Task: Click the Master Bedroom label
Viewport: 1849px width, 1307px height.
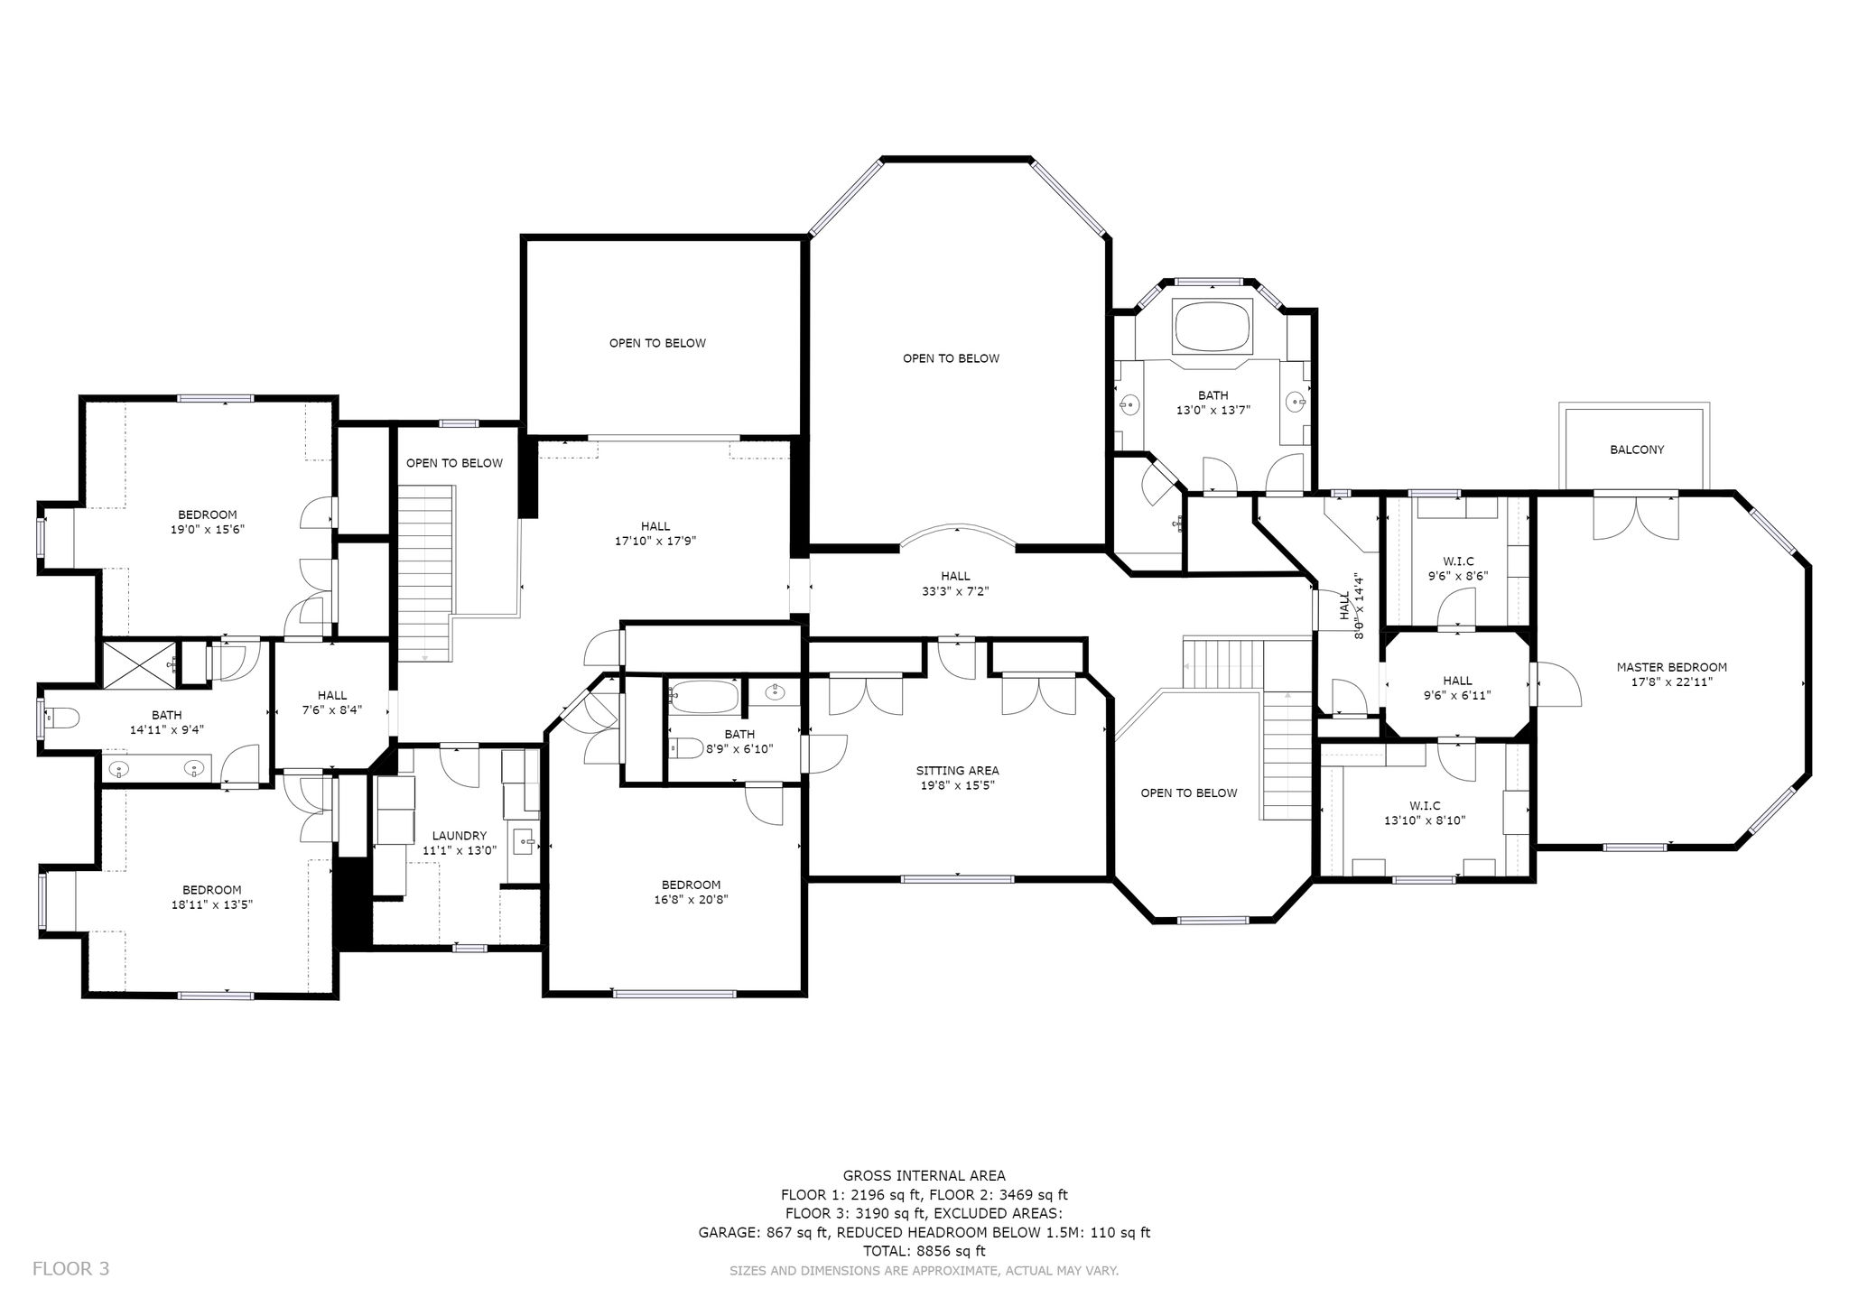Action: click(1671, 667)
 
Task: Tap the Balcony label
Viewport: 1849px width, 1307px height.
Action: click(1637, 450)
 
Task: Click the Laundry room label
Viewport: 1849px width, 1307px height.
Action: click(459, 836)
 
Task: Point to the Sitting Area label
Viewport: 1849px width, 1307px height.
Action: click(957, 771)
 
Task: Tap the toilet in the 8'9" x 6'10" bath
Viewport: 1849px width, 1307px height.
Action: click(685, 747)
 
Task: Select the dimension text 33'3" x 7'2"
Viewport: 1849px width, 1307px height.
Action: click(955, 591)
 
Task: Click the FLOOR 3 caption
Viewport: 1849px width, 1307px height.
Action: click(70, 1268)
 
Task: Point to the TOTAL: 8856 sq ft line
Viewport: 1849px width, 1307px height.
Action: click(924, 1251)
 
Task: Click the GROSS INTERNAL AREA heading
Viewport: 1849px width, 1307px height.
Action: click(924, 1175)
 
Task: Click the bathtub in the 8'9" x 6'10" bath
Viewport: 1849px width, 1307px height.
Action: click(705, 696)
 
